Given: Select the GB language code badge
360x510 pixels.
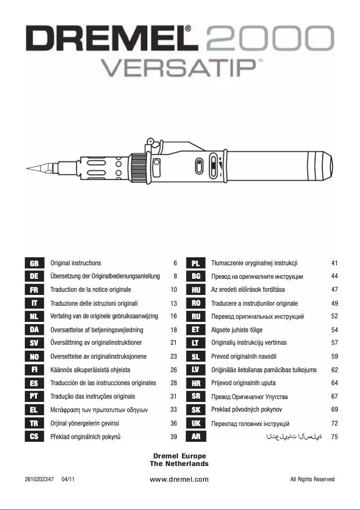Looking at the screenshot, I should point(34,264).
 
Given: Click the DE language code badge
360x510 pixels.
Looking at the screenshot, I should point(34,277).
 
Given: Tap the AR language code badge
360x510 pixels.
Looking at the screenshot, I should point(196,437).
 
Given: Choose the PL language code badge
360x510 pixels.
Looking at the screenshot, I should point(196,264).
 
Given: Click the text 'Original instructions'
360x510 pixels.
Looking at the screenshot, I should point(76,263).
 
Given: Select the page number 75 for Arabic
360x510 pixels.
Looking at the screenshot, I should point(334,437).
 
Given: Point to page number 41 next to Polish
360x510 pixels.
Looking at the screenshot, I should point(334,263).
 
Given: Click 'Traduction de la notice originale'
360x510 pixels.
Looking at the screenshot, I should point(91,290).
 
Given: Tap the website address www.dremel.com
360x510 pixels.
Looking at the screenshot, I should point(179,479).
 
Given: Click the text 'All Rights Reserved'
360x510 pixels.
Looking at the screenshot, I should point(312,479).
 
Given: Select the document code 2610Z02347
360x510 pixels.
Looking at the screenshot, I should point(40,479).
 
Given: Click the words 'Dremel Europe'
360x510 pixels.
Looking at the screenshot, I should point(180,456).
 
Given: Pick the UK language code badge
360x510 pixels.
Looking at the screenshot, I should point(196,423).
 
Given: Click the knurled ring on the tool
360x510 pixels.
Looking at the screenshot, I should point(138,168).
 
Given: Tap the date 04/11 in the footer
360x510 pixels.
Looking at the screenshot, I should point(68,479).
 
